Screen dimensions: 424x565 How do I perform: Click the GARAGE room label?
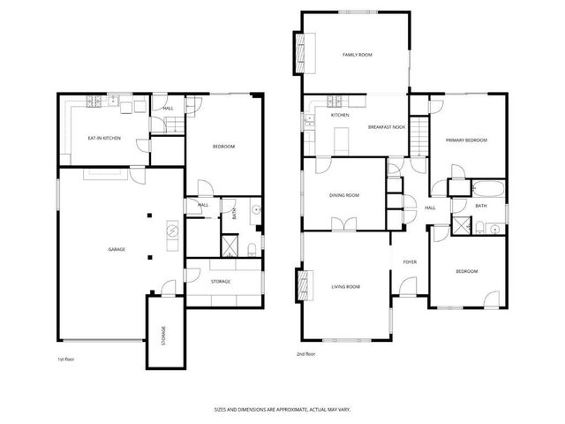coord(117,249)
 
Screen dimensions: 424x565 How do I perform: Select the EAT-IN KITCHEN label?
coord(104,139)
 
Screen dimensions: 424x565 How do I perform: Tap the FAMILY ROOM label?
coord(358,55)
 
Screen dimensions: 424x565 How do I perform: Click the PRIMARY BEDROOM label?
coord(465,140)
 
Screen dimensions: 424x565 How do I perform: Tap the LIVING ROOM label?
coord(345,286)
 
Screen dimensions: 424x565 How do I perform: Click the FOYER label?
coord(410,261)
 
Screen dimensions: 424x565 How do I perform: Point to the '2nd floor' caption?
coord(306,353)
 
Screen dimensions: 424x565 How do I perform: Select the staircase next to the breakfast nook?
coord(420,137)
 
